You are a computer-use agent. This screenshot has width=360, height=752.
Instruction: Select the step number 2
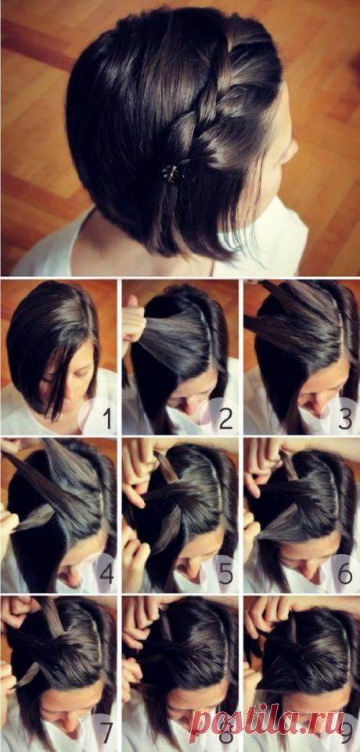(225, 419)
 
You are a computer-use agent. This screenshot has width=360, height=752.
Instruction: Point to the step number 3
(345, 419)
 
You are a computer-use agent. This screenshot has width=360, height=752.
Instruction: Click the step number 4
(106, 574)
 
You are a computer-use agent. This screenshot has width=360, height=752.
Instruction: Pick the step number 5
(225, 574)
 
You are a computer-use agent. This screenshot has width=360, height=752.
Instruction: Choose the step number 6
(345, 574)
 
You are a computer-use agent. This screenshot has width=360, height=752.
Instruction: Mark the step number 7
(106, 732)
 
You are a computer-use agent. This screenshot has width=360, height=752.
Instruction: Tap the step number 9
(346, 732)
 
